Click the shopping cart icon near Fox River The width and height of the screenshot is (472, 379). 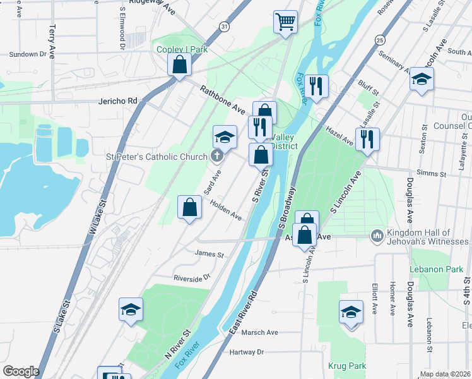pos(286,21)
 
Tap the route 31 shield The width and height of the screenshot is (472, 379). pos(225,26)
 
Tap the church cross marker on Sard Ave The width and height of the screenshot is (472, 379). pos(216,157)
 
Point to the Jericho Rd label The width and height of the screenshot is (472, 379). pos(118,101)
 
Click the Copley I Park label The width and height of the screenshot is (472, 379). pos(182,49)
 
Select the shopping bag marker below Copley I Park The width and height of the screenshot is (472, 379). pos(180,64)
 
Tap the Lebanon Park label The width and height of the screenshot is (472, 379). pos(428,269)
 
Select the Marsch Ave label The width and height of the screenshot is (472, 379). pos(259,332)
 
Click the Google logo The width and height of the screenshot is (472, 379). pos(21,371)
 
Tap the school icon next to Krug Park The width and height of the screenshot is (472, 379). pos(351,313)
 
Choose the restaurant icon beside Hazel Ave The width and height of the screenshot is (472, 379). pos(367,138)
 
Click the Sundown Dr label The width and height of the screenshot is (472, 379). pos(28,54)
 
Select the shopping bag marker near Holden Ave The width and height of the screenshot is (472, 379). pos(189,207)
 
